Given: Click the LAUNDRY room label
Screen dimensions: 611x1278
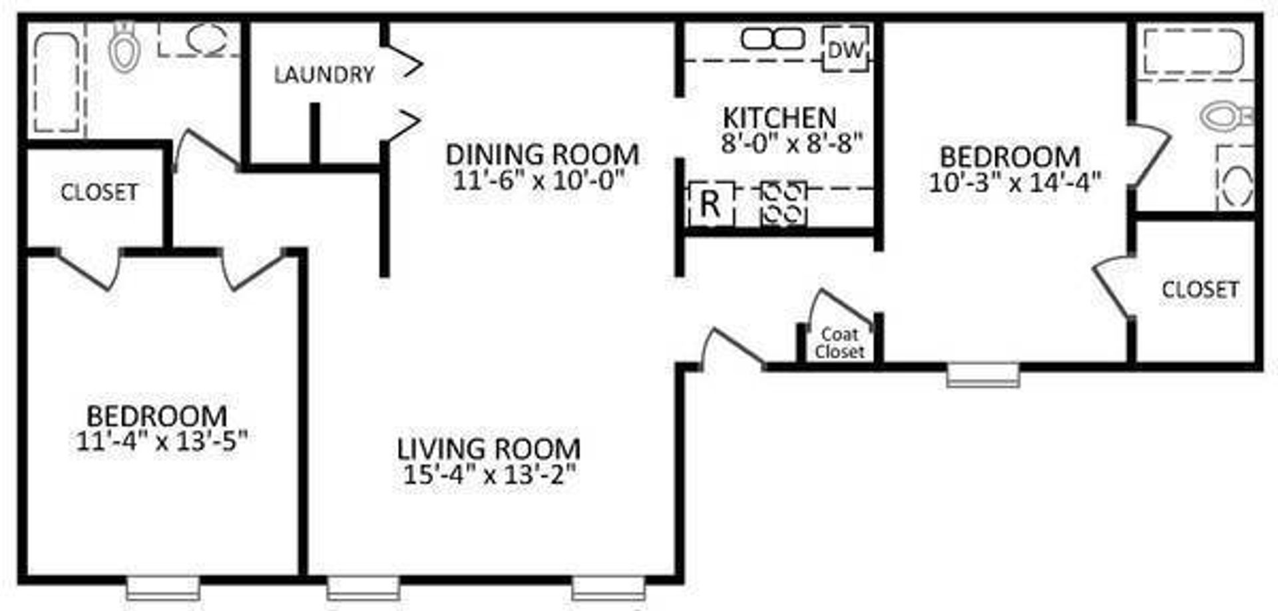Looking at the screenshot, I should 324,75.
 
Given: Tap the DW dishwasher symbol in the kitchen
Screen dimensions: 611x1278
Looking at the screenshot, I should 845,49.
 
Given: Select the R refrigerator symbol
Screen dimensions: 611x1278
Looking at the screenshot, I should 710,204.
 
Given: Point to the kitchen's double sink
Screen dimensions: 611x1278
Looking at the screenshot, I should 773,39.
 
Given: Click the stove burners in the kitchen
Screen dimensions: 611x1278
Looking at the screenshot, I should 783,203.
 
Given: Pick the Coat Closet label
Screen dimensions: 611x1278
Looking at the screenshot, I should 839,343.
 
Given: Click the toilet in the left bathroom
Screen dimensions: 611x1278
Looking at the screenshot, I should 124,48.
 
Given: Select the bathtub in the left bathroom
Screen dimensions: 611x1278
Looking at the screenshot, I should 57,81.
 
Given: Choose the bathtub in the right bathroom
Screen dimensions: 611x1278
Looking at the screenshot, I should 1193,52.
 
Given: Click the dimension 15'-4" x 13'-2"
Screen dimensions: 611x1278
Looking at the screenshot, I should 489,475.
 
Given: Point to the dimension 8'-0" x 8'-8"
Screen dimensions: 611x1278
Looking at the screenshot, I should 792,143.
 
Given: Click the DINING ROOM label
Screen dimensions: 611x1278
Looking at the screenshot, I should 542,154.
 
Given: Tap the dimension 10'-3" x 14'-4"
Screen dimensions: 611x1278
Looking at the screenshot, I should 1014,182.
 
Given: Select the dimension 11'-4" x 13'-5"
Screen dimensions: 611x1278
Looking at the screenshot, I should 162,441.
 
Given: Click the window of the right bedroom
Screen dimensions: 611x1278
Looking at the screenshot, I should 983,374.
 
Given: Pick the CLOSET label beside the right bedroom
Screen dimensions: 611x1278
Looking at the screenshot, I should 1200,290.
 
